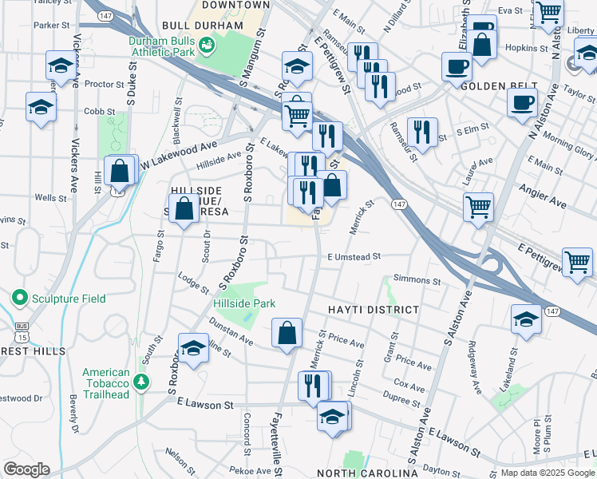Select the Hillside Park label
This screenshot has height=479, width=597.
click(x=243, y=303)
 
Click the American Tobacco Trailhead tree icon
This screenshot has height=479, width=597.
click(x=141, y=382)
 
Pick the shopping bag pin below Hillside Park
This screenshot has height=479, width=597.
click(x=287, y=333)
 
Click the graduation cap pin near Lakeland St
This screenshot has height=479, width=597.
click(x=525, y=319)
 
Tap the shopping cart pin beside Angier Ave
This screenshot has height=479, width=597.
click(x=478, y=207)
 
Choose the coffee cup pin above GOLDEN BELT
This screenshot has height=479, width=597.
click(x=456, y=65)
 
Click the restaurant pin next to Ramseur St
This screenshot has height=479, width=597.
click(x=421, y=132)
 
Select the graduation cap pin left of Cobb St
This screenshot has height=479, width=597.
click(x=41, y=107)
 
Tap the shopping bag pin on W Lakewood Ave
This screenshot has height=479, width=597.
click(x=120, y=169)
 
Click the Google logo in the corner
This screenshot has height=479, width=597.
click(x=26, y=469)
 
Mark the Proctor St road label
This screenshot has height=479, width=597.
click(x=101, y=84)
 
